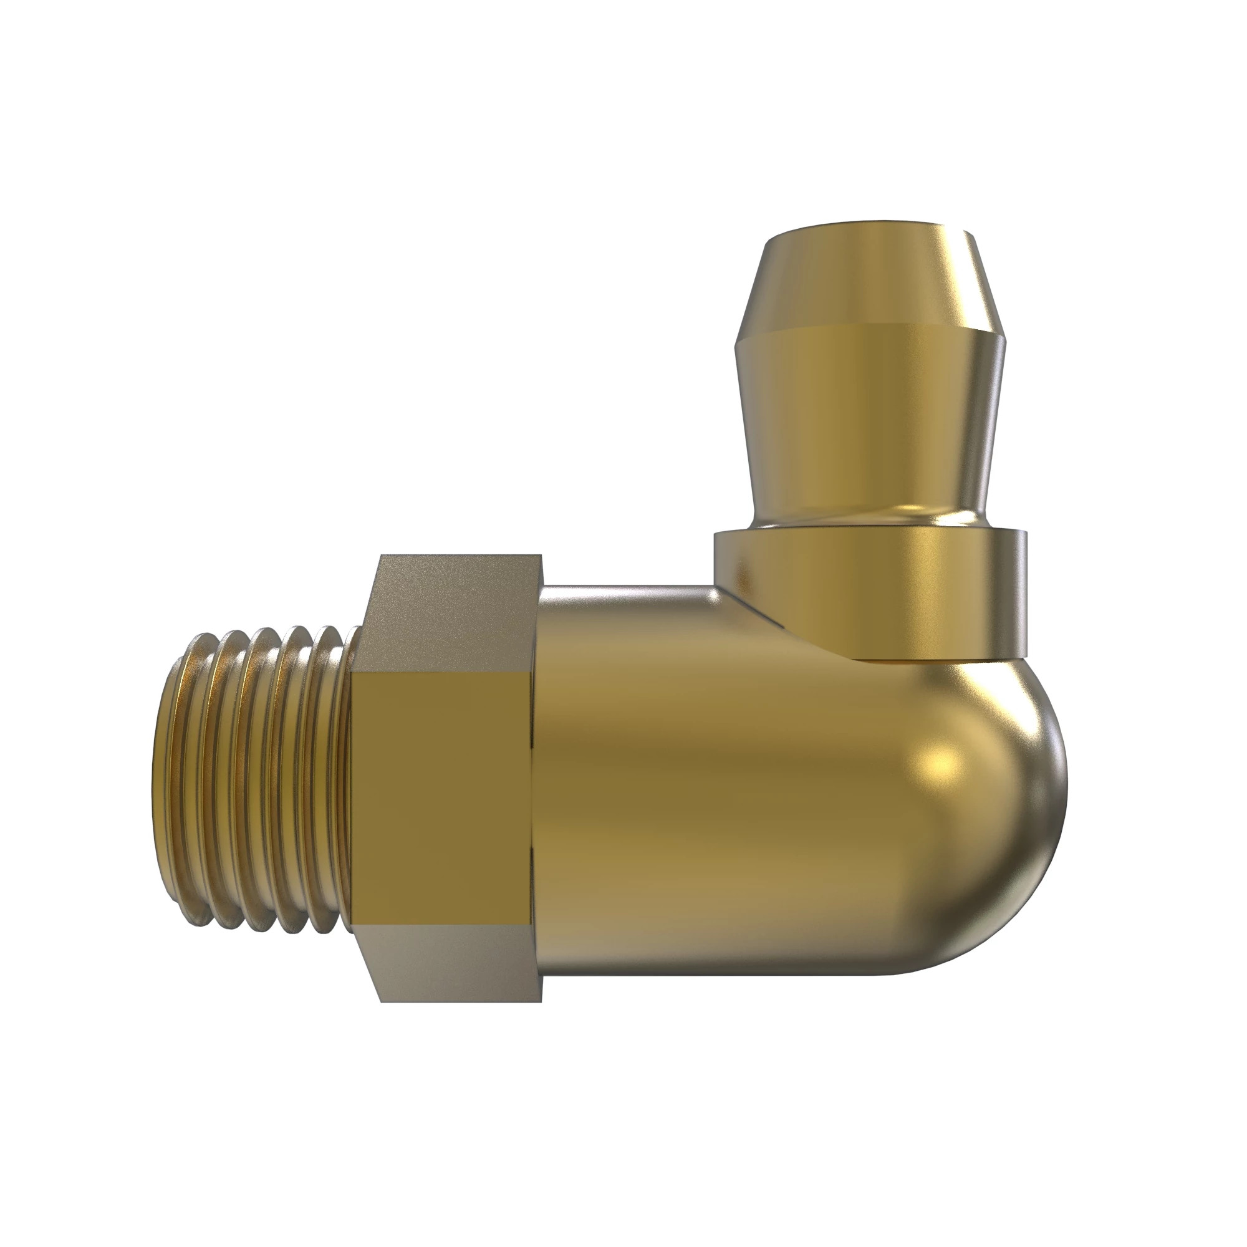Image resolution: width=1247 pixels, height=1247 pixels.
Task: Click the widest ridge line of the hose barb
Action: tap(872, 335)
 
